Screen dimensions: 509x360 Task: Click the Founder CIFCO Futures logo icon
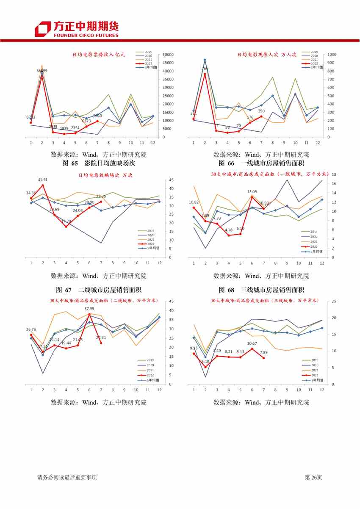click(x=43, y=29)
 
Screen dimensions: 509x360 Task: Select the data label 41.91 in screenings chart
click(x=42, y=180)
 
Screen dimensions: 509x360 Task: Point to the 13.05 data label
click(x=252, y=192)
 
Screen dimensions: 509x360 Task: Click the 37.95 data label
click(x=89, y=309)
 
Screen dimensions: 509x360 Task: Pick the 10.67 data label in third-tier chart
click(x=252, y=343)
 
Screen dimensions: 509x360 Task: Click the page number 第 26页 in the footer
click(x=313, y=478)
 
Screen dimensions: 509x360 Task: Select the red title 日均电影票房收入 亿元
click(x=99, y=55)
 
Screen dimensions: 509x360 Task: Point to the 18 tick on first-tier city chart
click(x=334, y=174)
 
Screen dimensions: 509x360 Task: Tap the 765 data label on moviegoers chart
click(x=205, y=69)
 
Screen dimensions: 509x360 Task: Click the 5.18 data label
click(x=206, y=362)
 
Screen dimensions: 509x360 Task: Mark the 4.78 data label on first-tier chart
click(x=228, y=230)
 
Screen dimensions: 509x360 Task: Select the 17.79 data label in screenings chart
click(x=66, y=221)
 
